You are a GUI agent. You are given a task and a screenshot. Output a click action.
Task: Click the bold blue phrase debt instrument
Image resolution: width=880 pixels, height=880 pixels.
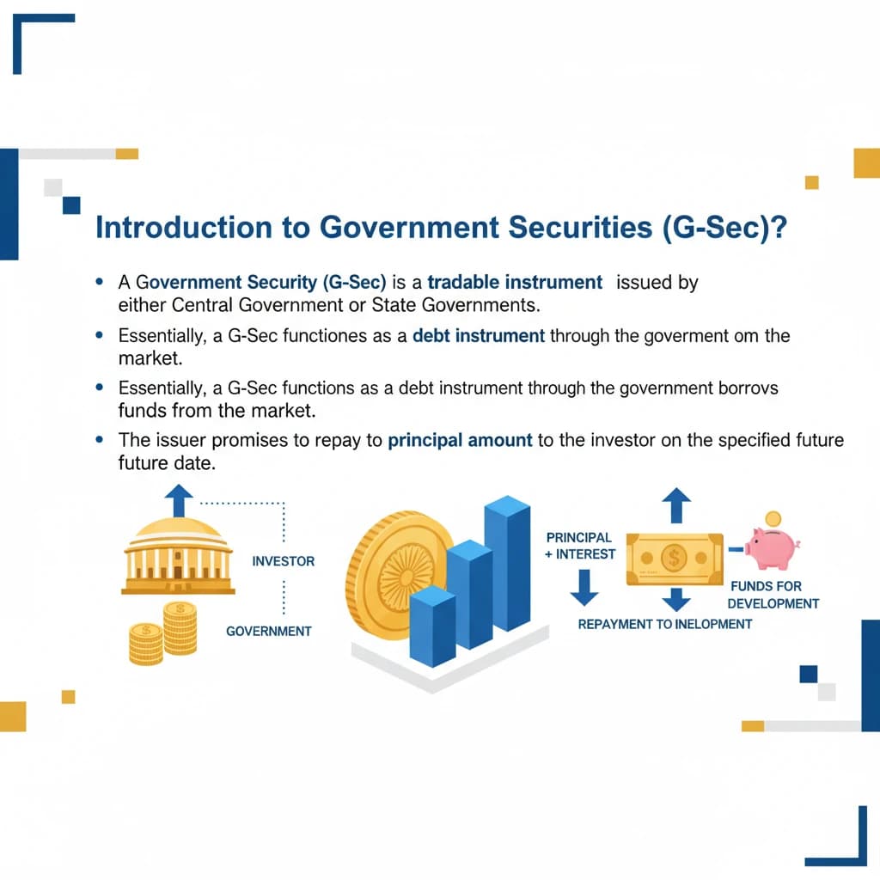pyautogui.click(x=479, y=335)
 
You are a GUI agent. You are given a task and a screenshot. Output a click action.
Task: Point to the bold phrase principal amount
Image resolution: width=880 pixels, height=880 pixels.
pyautogui.click(x=460, y=441)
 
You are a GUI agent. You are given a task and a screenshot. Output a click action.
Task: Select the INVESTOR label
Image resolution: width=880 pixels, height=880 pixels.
pyautogui.click(x=284, y=561)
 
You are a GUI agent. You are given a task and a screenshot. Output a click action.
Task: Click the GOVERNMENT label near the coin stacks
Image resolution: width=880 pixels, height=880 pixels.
pyautogui.click(x=268, y=631)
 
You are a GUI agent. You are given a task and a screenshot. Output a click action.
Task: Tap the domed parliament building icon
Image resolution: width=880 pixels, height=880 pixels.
pyautogui.click(x=178, y=555)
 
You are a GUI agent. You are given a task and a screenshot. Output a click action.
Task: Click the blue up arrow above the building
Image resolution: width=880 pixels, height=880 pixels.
pyautogui.click(x=179, y=499)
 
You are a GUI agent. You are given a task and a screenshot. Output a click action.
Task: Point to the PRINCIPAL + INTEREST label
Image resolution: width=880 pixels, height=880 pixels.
pyautogui.click(x=580, y=546)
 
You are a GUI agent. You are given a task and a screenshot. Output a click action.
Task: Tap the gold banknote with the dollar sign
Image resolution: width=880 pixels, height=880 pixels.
pyautogui.click(x=674, y=559)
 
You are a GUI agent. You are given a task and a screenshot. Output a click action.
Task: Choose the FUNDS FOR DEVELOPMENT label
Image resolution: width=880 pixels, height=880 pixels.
pyautogui.click(x=773, y=595)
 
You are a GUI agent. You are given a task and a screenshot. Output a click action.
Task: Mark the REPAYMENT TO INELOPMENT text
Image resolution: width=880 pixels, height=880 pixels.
pyautogui.click(x=664, y=624)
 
